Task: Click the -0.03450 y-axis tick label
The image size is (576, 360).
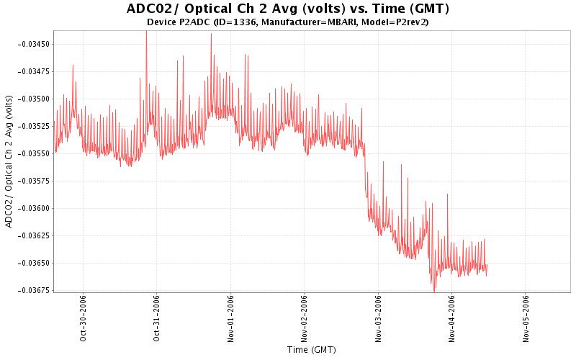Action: click(x=32, y=44)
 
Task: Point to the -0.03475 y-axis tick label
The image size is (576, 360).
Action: click(x=32, y=71)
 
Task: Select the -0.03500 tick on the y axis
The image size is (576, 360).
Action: click(x=32, y=99)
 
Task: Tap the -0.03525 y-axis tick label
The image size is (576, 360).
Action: click(x=32, y=126)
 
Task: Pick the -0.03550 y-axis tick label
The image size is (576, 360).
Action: click(x=32, y=153)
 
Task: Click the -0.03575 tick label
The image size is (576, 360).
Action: click(x=32, y=181)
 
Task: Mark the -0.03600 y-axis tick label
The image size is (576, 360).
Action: click(x=32, y=208)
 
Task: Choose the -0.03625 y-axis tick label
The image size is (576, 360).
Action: click(x=32, y=235)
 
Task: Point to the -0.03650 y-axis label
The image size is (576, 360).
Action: click(x=32, y=263)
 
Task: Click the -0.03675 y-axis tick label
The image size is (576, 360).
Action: click(x=32, y=290)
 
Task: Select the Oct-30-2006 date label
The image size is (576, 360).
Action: click(x=84, y=320)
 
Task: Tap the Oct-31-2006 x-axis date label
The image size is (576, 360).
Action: click(x=157, y=320)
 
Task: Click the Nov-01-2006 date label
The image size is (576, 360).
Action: click(x=231, y=320)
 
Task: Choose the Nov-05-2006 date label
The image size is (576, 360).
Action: click(x=526, y=320)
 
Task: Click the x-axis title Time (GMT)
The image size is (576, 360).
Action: click(x=311, y=350)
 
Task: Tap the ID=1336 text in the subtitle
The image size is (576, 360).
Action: click(x=232, y=22)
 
